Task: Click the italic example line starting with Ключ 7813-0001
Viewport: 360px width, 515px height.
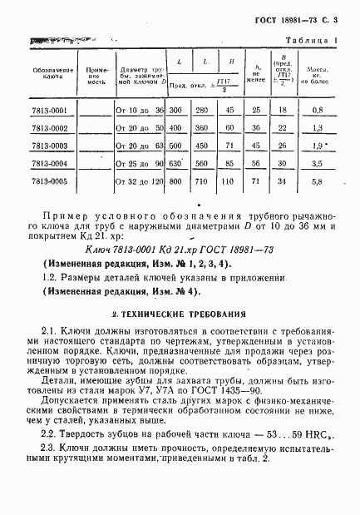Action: click(180, 249)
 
